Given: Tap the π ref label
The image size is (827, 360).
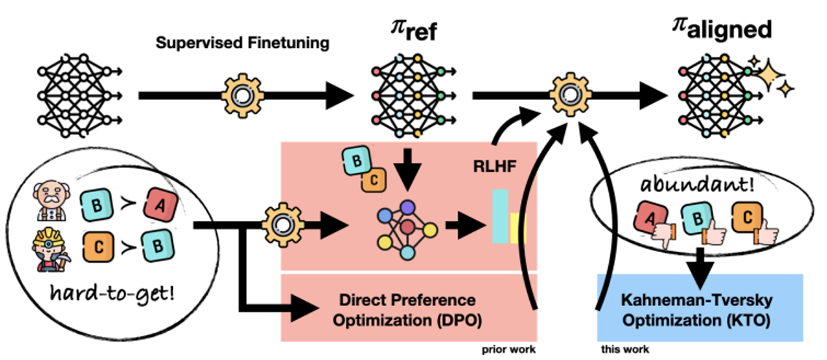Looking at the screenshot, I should tap(413, 33).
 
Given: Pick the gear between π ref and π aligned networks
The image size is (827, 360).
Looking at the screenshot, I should tap(566, 94).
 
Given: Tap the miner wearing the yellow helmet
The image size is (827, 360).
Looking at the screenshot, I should tap(51, 249).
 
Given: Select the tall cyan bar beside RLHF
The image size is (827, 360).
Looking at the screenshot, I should tap(500, 216).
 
